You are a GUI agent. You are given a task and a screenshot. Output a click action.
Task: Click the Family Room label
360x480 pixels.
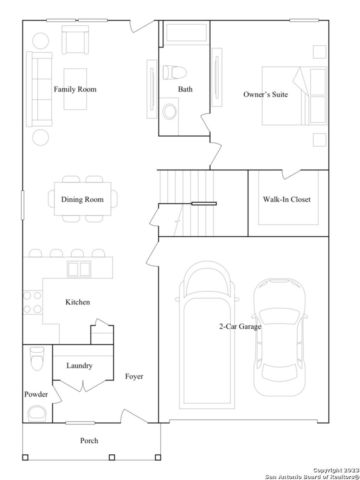(75, 89)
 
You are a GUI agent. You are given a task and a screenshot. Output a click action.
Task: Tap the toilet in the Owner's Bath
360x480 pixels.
(174, 72)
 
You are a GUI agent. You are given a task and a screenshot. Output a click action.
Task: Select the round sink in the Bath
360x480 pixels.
(171, 111)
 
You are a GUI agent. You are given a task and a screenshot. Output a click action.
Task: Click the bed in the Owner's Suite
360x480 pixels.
(294, 96)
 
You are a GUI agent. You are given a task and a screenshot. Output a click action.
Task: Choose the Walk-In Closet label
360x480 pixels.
(287, 199)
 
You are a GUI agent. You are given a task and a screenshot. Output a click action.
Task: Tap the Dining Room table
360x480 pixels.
(83, 199)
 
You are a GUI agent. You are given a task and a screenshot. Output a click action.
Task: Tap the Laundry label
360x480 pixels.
(79, 366)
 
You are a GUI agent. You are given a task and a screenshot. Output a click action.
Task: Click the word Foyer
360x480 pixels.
(134, 377)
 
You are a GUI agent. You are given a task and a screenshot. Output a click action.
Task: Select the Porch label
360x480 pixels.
(89, 441)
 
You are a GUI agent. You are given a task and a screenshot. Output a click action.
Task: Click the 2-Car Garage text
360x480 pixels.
(240, 327)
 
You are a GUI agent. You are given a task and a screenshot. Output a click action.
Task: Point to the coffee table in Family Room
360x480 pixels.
(75, 89)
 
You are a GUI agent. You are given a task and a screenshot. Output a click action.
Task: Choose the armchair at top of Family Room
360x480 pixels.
(75, 39)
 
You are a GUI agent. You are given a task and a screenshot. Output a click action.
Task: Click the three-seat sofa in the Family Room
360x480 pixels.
(39, 89)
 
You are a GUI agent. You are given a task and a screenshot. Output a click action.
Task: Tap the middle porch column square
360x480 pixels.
(112, 457)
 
